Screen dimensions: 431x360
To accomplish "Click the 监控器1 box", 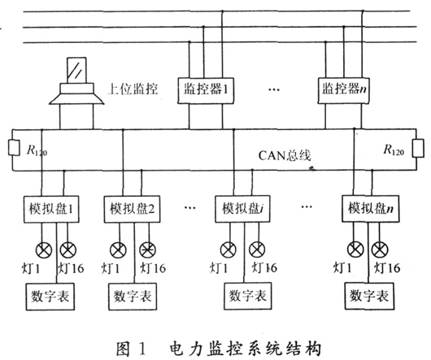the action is (x=206, y=90).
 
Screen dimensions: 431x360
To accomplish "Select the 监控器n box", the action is (x=344, y=90).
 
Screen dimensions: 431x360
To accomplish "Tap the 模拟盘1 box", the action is (x=51, y=209).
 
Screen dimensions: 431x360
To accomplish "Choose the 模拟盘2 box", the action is (x=132, y=209).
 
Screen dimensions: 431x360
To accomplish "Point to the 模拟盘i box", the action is (x=242, y=209).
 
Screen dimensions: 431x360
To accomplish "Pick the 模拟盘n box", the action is (x=371, y=209).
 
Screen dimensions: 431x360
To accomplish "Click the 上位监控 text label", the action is (x=133, y=89).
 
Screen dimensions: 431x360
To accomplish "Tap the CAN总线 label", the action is (x=285, y=155).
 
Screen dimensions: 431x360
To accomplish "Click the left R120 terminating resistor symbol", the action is (x=14, y=148).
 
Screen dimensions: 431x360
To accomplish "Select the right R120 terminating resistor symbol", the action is (x=418, y=149).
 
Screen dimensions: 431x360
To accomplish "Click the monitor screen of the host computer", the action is (x=76, y=70).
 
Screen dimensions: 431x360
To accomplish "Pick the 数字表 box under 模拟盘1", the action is (x=50, y=297).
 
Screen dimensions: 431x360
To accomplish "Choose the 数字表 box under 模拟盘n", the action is (x=369, y=296).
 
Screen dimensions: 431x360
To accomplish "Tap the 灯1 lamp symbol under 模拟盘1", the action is (x=44, y=250).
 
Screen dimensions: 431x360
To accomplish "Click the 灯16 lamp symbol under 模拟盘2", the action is (x=148, y=250).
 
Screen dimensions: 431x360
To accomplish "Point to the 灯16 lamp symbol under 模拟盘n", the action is (x=380, y=249).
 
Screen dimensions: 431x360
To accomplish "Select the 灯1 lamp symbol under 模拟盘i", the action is (x=229, y=249).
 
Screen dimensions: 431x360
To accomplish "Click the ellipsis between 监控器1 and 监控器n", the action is (x=274, y=89).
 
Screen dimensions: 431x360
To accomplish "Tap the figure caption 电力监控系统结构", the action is (x=246, y=349).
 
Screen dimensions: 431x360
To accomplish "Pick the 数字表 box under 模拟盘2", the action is (x=133, y=297).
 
